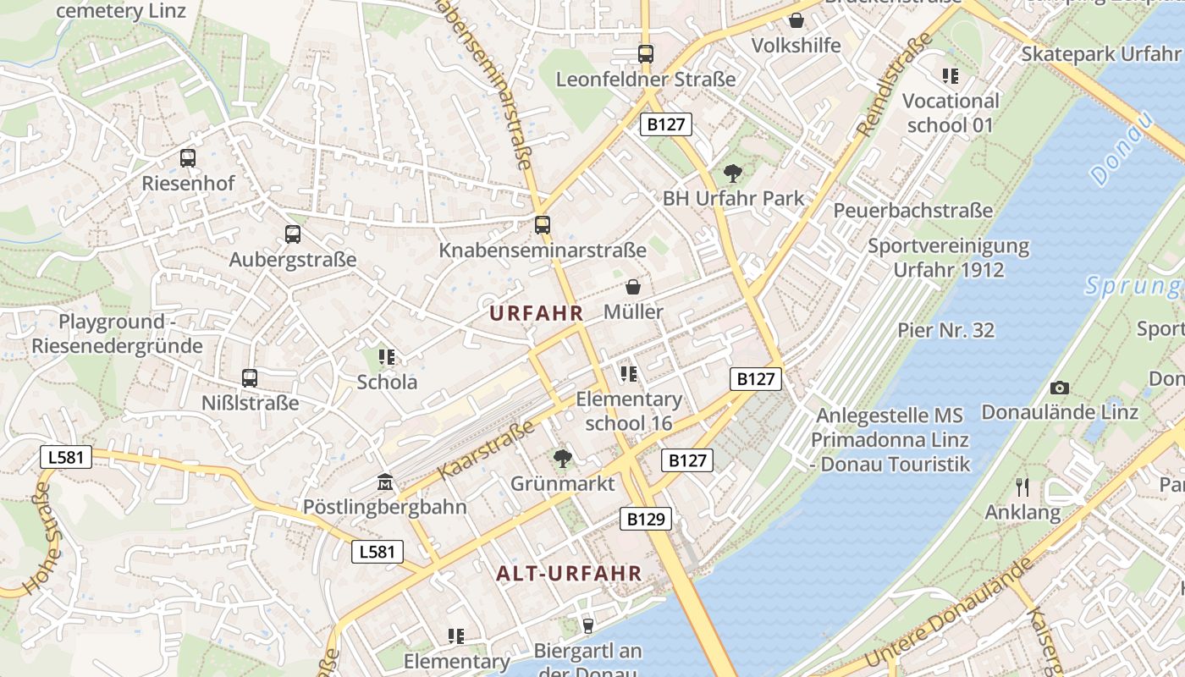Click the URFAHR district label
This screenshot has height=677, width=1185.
[537, 313]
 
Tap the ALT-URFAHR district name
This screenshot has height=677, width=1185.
[569, 573]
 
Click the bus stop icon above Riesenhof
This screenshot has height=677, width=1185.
[188, 158]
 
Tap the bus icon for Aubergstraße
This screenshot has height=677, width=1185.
[293, 234]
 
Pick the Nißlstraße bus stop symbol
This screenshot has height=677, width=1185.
[249, 378]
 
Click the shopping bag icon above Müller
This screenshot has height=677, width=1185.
[632, 287]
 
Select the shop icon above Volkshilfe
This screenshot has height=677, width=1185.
[796, 20]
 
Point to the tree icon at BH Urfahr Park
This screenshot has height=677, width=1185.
[732, 173]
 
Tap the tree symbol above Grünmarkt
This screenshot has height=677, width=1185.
[561, 459]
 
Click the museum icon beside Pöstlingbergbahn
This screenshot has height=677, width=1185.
[385, 482]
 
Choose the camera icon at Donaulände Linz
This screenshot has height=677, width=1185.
[1059, 388]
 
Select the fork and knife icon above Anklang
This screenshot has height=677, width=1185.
[1022, 487]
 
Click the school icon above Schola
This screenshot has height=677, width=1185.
[387, 357]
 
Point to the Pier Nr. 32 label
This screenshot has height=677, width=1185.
[945, 330]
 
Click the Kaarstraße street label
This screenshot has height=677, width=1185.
[488, 449]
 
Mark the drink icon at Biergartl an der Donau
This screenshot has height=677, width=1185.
[587, 625]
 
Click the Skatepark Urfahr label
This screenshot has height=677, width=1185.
[1100, 52]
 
